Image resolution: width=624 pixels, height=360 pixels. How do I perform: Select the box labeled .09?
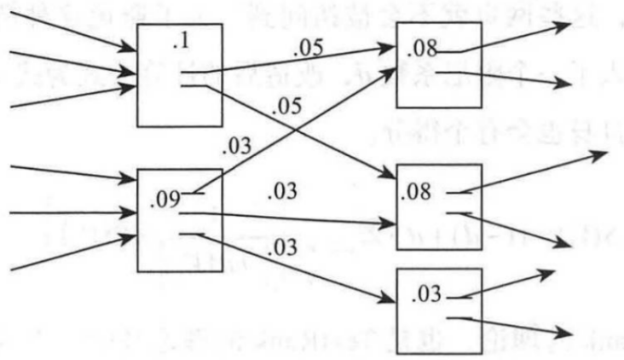(180, 220)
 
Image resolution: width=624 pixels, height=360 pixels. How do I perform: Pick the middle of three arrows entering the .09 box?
(68, 212)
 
